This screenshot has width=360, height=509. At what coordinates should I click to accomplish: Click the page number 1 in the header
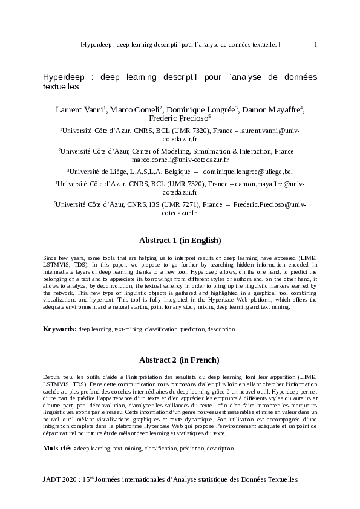pos(316,45)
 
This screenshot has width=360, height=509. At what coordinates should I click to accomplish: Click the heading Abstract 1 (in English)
pos(180,240)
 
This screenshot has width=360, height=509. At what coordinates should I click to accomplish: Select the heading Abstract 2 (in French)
pos(179,360)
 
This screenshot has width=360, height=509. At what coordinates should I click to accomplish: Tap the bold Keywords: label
pos(59,329)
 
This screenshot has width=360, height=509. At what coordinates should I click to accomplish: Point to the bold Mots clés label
pos(59,449)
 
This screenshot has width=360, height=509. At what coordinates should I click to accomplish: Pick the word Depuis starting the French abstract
pos(53,377)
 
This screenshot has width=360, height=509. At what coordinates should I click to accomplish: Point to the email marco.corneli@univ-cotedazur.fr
pos(180,160)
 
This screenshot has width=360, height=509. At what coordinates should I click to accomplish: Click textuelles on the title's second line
pos(61,86)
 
